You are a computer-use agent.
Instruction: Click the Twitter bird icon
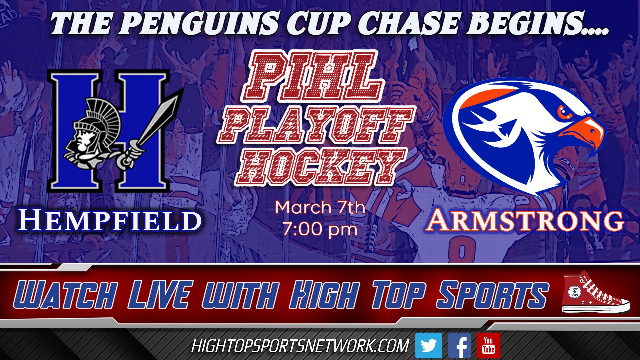pyautogui.click(x=428, y=346)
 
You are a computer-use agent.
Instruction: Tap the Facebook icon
pyautogui.click(x=459, y=346)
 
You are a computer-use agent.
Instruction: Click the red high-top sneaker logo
pyautogui.click(x=595, y=293)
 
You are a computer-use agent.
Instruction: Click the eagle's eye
pyautogui.click(x=565, y=112)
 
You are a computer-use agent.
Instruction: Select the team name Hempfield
pyautogui.click(x=110, y=221)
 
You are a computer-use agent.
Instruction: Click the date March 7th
pyautogui.click(x=320, y=207)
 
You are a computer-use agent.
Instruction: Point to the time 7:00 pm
pyautogui.click(x=320, y=229)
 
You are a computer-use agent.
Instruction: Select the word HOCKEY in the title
pyautogui.click(x=320, y=167)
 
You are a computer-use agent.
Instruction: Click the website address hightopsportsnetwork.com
pyautogui.click(x=300, y=346)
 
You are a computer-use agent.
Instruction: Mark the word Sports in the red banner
pyautogui.click(x=492, y=295)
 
